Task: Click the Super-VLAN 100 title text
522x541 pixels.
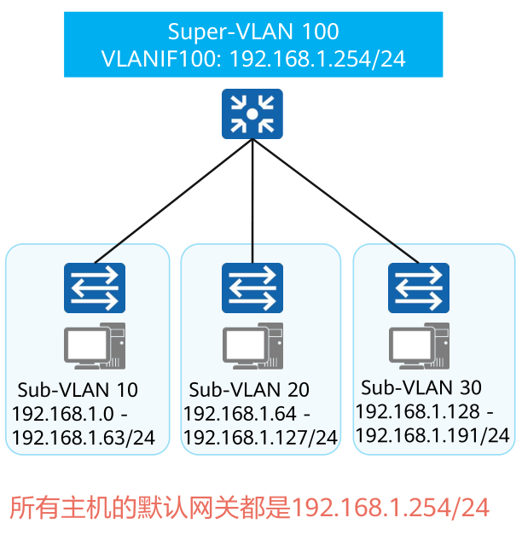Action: coord(253,32)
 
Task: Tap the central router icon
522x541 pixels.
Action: coord(252,114)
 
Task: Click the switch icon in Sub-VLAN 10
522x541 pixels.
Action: coord(94,288)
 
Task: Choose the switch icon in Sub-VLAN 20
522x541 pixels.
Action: coord(252,288)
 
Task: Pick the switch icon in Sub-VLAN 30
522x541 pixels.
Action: coord(419,288)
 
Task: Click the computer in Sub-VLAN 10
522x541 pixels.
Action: coord(95,346)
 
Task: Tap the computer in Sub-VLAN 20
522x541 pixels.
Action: coord(252,346)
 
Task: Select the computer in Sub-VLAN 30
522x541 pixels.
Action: coord(419,346)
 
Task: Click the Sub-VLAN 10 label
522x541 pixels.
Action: coord(78,390)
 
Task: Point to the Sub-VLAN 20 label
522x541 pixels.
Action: coord(249,390)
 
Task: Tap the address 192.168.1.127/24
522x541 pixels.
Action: coord(261,439)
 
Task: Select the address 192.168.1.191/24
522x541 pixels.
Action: coord(432,435)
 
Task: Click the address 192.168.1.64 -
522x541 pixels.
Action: coord(247,415)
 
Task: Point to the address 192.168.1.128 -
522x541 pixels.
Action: coord(424,411)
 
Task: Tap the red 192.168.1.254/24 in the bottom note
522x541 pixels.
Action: coord(391,508)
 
